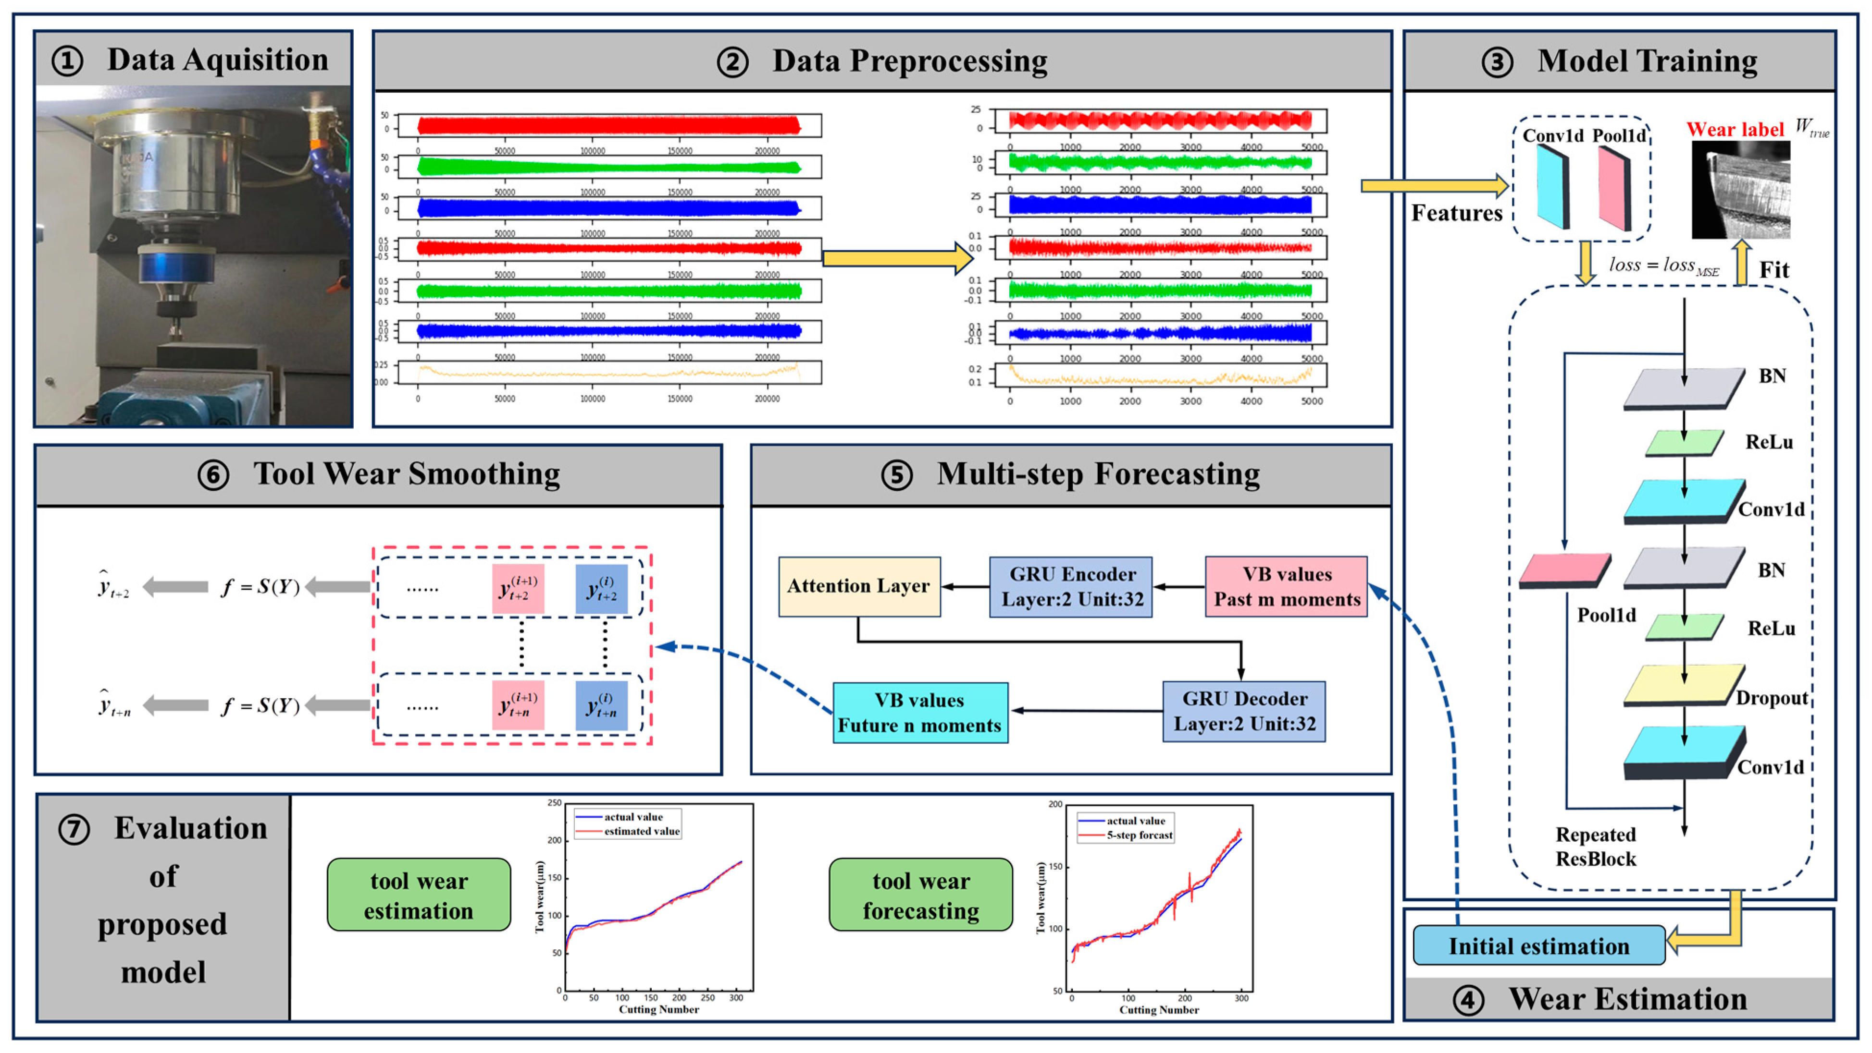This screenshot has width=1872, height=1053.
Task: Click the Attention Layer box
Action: click(859, 586)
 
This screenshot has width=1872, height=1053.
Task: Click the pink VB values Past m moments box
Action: click(1286, 586)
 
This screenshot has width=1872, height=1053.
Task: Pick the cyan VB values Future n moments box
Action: click(919, 713)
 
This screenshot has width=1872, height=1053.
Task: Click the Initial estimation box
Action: click(1538, 945)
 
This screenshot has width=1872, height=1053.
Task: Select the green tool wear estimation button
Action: click(419, 895)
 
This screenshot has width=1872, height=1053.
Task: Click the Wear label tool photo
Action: click(1740, 190)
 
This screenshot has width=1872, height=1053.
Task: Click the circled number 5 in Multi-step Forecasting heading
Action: click(897, 476)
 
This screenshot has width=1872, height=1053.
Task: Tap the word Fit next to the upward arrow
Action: click(1774, 270)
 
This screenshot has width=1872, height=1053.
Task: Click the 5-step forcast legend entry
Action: click(1139, 835)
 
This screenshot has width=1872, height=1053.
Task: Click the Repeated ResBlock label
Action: click(1595, 847)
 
